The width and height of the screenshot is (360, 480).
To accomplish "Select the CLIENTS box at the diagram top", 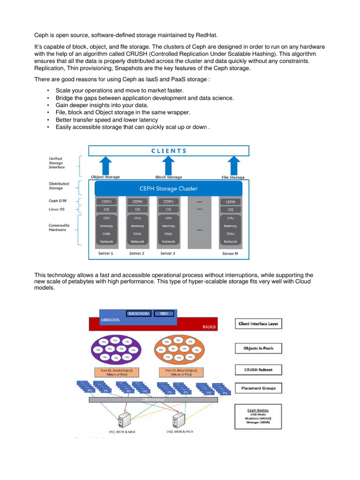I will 169,150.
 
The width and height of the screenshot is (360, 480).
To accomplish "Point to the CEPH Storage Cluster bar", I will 168,188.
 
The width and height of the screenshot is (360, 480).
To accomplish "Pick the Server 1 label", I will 105,254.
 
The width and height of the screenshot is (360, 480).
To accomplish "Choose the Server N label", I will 230,254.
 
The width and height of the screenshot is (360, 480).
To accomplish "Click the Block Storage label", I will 169,177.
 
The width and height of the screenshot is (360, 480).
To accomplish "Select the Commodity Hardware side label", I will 59,228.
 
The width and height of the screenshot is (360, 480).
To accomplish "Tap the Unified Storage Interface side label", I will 57,163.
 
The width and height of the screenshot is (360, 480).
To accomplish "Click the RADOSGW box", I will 139,313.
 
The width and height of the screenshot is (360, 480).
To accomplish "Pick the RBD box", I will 164,313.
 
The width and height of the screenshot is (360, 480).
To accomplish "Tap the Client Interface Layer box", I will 258,324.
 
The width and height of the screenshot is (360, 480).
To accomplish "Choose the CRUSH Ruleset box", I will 258,369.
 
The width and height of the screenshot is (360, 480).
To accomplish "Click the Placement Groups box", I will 258,388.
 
